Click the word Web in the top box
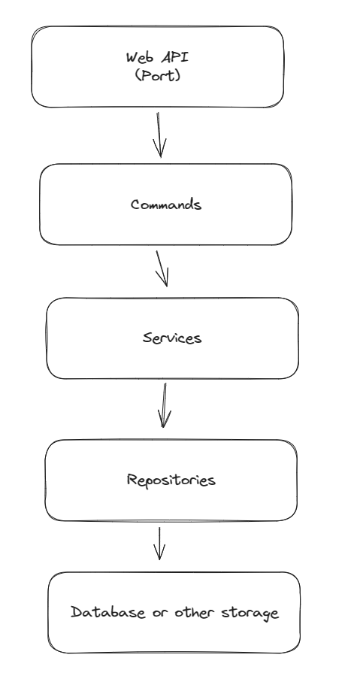[x=139, y=58]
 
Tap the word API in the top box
[x=175, y=57]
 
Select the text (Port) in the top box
[x=158, y=75]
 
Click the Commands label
[x=166, y=205]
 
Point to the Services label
[x=172, y=338]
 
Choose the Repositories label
[x=171, y=480]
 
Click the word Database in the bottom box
[x=108, y=612]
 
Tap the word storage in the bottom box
[x=250, y=613]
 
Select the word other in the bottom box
[x=194, y=612]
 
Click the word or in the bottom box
[x=160, y=613]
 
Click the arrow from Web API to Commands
[x=159, y=135]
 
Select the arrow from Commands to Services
[x=162, y=269]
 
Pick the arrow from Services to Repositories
[x=165, y=405]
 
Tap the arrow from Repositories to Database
[x=159, y=544]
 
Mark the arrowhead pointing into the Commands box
[x=160, y=148]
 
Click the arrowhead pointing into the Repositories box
[x=164, y=419]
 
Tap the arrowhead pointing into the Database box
[x=159, y=552]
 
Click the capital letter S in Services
[x=147, y=338]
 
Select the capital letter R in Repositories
[x=132, y=479]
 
